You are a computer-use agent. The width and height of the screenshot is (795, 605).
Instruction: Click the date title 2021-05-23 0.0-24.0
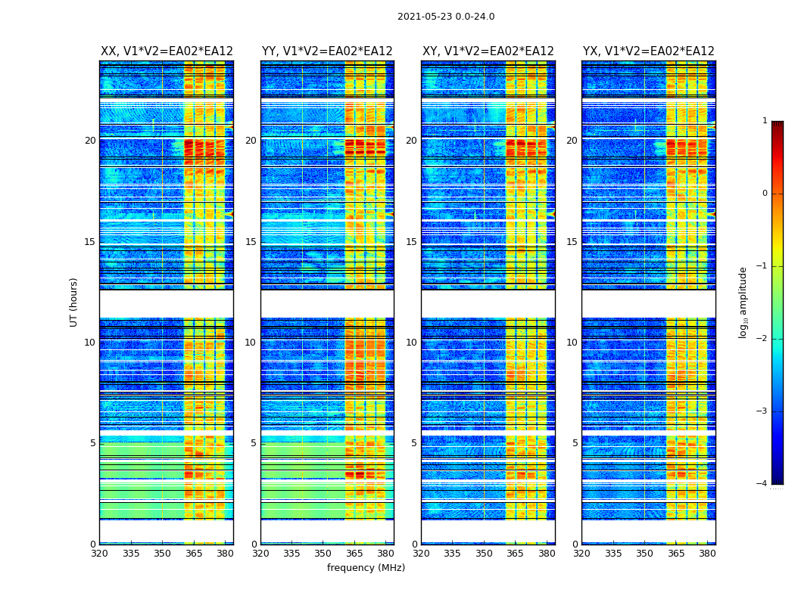(x=446, y=17)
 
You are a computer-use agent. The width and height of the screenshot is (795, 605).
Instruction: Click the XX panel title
(x=167, y=51)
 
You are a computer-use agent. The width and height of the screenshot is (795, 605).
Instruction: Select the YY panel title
(x=327, y=51)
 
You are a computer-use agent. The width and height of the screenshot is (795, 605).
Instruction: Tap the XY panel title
(x=488, y=51)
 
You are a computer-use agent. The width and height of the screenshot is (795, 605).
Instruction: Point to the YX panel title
(x=648, y=51)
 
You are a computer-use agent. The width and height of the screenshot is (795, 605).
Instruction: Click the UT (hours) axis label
(x=74, y=302)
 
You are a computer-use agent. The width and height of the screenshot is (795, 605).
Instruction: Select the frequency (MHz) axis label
(x=366, y=568)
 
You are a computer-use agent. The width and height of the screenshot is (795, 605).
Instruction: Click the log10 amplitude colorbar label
(x=744, y=302)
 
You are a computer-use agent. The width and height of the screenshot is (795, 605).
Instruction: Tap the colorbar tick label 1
(x=765, y=121)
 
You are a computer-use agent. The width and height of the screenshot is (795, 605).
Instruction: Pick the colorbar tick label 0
(x=765, y=194)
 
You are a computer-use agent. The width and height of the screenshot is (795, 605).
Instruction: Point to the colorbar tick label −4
(x=762, y=484)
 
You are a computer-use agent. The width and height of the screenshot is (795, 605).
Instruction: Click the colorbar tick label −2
(x=762, y=339)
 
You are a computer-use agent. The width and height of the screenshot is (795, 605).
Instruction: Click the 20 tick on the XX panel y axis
(x=90, y=141)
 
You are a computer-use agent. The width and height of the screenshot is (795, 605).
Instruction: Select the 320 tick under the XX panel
(x=99, y=553)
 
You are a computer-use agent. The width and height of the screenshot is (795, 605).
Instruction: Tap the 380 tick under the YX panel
(x=707, y=553)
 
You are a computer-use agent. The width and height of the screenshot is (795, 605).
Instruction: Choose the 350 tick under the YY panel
(x=323, y=553)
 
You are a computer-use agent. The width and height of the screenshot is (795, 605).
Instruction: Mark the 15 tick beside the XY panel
(x=412, y=242)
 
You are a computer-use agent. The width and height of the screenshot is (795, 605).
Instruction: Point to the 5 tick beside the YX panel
(x=575, y=443)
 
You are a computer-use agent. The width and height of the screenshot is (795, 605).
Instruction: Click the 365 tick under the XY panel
(x=515, y=553)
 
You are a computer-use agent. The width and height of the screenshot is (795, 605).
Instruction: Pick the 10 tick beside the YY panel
(x=251, y=343)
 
